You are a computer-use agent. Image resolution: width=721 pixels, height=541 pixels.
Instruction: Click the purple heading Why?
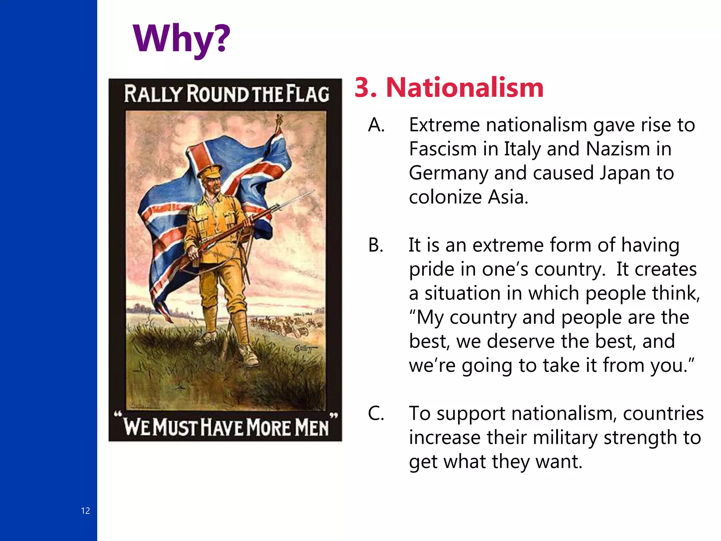pyautogui.click(x=181, y=39)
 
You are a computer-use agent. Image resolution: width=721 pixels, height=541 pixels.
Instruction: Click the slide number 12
pyautogui.click(x=86, y=511)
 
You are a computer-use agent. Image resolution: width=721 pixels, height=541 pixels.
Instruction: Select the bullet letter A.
pyautogui.click(x=376, y=125)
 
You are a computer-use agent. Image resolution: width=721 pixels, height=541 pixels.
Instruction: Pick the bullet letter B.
pyautogui.click(x=375, y=245)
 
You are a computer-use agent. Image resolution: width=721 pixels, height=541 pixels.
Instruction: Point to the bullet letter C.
pyautogui.click(x=376, y=413)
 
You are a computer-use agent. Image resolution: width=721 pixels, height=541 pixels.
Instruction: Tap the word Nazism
pyautogui.click(x=617, y=149)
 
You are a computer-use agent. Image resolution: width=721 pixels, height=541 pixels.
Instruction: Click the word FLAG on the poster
pyautogui.click(x=307, y=94)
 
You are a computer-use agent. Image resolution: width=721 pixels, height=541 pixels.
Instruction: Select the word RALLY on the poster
pyautogui.click(x=153, y=94)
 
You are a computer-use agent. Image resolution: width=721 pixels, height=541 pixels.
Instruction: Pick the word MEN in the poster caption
pyautogui.click(x=311, y=427)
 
